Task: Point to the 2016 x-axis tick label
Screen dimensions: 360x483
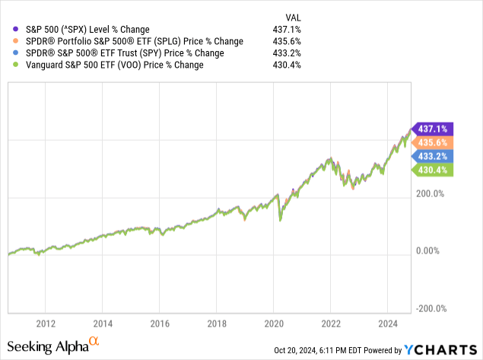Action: [160, 321]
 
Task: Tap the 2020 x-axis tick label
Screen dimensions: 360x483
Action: [274, 321]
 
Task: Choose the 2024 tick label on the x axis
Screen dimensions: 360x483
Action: [387, 321]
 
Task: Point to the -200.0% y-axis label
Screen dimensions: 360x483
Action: [431, 308]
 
